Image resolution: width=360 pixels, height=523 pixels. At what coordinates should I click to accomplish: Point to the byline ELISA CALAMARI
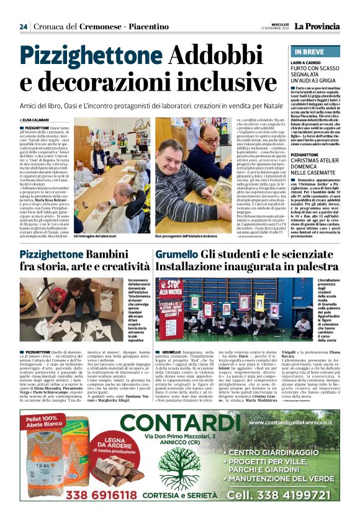[39, 120]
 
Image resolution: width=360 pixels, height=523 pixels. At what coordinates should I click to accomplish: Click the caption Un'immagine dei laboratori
[95, 237]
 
